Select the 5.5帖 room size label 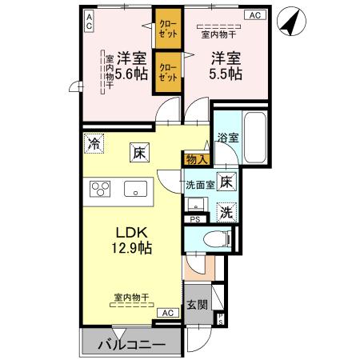(226, 66)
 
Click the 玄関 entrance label (197, 305)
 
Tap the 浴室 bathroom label (227, 138)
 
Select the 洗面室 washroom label (200, 185)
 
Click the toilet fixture (211, 238)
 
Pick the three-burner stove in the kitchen (102, 190)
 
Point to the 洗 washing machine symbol (227, 213)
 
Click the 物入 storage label (197, 159)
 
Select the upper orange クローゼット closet (167, 30)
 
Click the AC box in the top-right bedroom (254, 14)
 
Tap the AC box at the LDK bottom (167, 313)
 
